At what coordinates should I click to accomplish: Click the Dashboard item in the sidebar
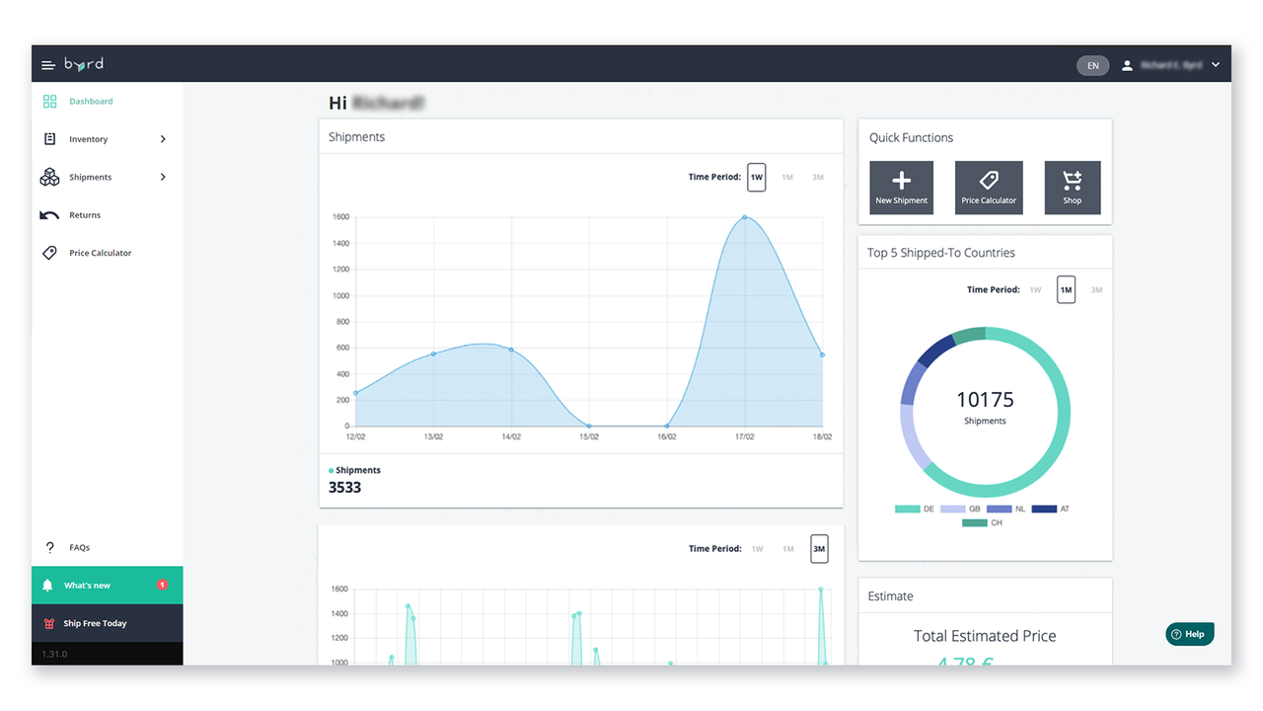(x=90, y=102)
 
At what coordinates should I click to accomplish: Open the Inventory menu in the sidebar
(x=89, y=139)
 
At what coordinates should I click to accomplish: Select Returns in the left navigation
(x=85, y=215)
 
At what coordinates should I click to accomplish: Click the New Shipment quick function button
(x=901, y=188)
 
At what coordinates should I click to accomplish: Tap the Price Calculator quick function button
(x=989, y=188)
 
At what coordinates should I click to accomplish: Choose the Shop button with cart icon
(x=1072, y=188)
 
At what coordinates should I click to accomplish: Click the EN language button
(x=1092, y=65)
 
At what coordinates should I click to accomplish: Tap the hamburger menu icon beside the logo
(x=47, y=65)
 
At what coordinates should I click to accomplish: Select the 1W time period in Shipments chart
(x=756, y=177)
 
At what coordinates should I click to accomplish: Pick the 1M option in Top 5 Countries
(x=1066, y=289)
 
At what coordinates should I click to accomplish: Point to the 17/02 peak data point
(x=744, y=217)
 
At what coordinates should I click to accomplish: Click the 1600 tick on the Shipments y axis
(x=340, y=217)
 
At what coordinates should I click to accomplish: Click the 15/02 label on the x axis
(x=589, y=436)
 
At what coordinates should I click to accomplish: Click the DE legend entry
(x=915, y=510)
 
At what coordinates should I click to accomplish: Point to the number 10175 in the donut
(x=985, y=400)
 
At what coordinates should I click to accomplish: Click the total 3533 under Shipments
(x=345, y=487)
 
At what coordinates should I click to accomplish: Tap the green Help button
(x=1189, y=634)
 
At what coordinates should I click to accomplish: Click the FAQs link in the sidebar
(x=79, y=547)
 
